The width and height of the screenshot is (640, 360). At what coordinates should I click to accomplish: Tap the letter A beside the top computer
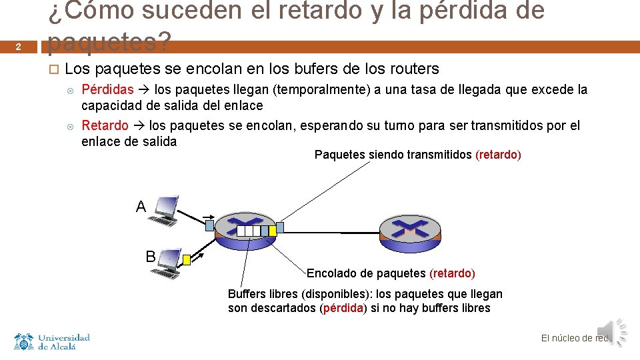pyautogui.click(x=141, y=207)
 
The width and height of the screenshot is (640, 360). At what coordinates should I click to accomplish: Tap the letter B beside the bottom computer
pyautogui.click(x=151, y=256)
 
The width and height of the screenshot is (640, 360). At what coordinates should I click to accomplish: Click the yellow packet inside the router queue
pyautogui.click(x=272, y=231)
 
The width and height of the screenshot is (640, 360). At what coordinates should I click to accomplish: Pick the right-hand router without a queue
pyautogui.click(x=410, y=231)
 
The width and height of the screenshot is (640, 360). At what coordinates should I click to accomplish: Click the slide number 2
pyautogui.click(x=19, y=47)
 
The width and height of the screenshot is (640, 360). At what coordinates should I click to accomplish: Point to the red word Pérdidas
pyautogui.click(x=107, y=89)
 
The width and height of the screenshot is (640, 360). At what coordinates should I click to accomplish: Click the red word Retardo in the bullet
pyautogui.click(x=105, y=125)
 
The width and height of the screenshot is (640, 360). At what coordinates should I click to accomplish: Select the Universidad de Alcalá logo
pyautogui.click(x=52, y=341)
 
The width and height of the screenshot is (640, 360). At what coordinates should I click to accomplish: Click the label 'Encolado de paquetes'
pyautogui.click(x=366, y=273)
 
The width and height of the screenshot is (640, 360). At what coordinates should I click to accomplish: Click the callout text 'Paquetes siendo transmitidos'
pyautogui.click(x=393, y=155)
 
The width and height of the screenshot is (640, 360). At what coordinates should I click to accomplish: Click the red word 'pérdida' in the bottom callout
pyautogui.click(x=343, y=308)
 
